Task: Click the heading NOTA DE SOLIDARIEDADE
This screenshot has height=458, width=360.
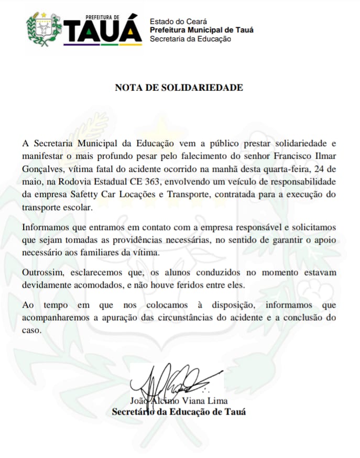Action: click(x=179, y=88)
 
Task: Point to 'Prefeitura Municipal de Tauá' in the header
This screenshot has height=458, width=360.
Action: click(x=201, y=30)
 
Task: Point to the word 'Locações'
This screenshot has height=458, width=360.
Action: click(x=138, y=194)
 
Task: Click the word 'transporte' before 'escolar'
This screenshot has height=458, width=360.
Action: click(x=45, y=208)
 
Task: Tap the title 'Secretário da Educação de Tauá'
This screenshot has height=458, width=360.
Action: click(x=179, y=412)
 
